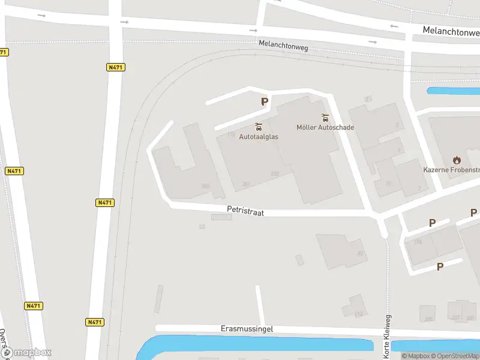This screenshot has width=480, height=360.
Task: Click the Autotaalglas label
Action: pyautogui.click(x=259, y=137)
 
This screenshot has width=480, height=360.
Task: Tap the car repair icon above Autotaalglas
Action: pyautogui.click(x=259, y=127)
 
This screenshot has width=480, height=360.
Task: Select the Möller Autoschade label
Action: pyautogui.click(x=325, y=127)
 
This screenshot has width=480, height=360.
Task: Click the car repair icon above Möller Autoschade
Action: pyautogui.click(x=325, y=117)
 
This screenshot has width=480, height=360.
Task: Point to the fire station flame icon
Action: pyautogui.click(x=457, y=160)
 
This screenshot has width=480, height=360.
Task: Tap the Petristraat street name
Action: pyautogui.click(x=245, y=211)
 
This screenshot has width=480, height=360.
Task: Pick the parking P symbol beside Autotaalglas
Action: pyautogui.click(x=264, y=102)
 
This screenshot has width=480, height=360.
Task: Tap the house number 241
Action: pyautogui.click(x=246, y=184)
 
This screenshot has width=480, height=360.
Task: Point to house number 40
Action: pyautogui.click(x=361, y=253)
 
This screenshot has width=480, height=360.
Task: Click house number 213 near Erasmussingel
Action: pyautogui.click(x=358, y=314)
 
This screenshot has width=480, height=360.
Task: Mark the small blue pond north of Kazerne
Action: pyautogui.click(x=453, y=91)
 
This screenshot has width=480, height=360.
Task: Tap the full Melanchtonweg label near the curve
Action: pyautogui.click(x=283, y=45)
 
